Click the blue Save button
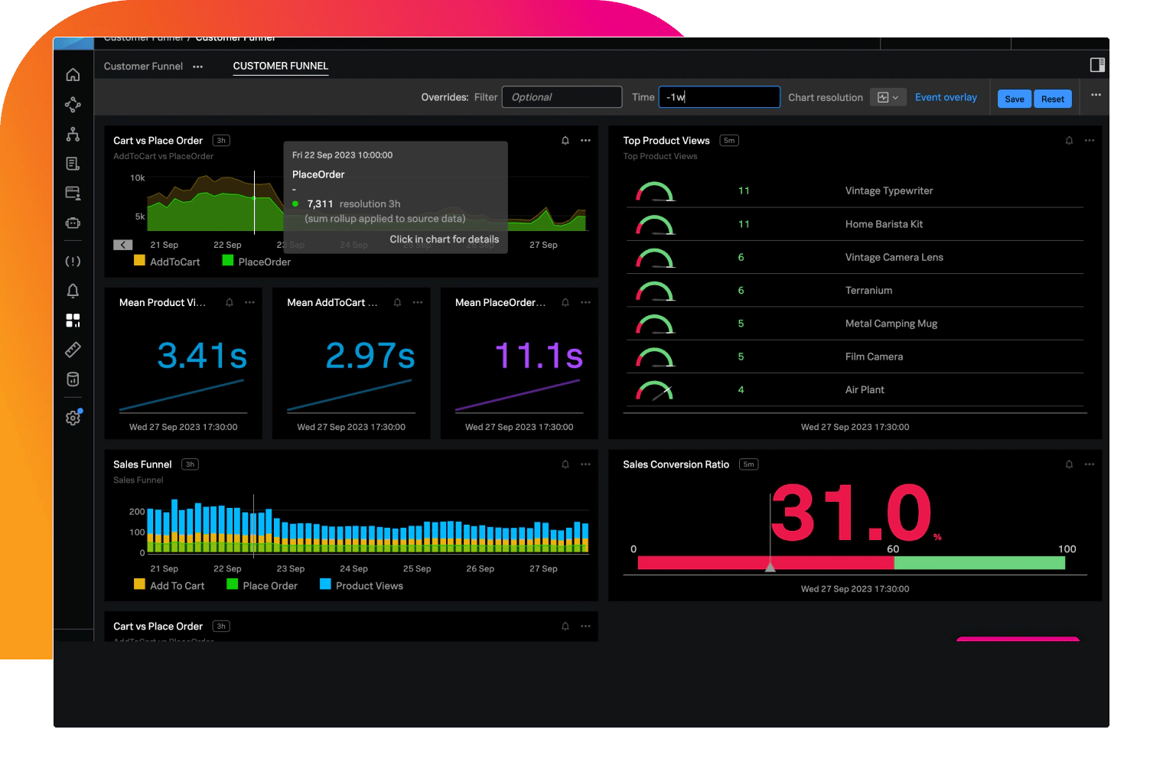1014,99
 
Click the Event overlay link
946,97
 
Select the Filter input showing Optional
562,97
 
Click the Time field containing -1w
719,97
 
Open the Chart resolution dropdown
888,97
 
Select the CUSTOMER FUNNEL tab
281,66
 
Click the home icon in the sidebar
73,74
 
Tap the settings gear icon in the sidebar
73,418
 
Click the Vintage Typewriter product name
888,190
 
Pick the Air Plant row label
865,389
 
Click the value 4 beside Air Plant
741,389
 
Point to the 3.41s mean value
202,356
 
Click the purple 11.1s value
539,356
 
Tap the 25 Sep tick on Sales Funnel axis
417,568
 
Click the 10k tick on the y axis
138,177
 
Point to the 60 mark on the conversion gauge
893,549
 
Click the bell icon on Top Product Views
1069,141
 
